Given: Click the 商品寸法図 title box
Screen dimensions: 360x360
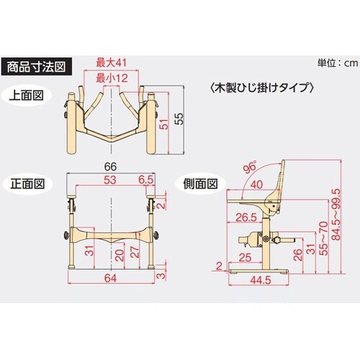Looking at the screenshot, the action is (37, 67).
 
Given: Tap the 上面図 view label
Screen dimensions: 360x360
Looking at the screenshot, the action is (27, 96).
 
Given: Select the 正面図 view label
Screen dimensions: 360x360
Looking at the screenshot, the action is (27, 184).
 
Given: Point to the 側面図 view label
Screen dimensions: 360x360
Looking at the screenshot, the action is (200, 184).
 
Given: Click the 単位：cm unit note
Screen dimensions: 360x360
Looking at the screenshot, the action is (338, 63).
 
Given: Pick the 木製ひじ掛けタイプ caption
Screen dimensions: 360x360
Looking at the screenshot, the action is (261, 88).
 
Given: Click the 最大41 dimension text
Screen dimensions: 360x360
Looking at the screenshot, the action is (111, 63).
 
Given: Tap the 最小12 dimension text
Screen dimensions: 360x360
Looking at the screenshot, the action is (112, 78).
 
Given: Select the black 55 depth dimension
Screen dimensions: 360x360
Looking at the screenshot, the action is (179, 119).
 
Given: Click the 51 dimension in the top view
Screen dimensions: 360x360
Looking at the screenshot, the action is (164, 124).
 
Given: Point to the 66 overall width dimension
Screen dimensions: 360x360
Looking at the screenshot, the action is (111, 166).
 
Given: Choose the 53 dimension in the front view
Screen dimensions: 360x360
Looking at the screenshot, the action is (110, 180).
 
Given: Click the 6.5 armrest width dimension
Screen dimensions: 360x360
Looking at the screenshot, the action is (145, 180).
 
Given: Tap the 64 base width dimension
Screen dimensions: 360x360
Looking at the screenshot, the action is (111, 279).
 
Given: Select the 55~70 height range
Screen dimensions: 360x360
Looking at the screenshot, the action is (323, 238).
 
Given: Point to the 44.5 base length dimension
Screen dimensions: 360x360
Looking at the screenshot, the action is (261, 280).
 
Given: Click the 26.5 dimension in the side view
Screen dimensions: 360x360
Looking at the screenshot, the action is (246, 217).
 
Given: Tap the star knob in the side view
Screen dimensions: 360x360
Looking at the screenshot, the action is (277, 240).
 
